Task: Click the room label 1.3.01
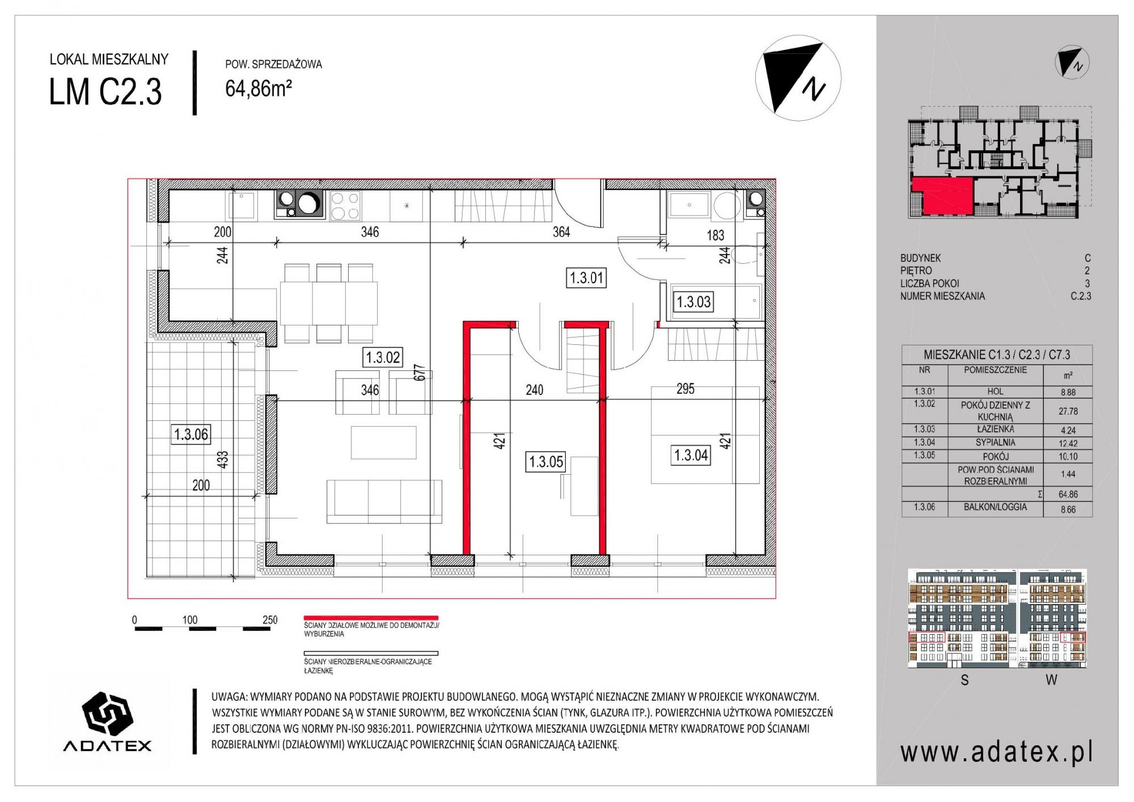(x=587, y=278)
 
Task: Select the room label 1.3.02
(x=383, y=357)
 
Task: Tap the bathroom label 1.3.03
(x=693, y=302)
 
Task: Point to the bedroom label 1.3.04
(x=691, y=455)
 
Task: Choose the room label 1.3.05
(x=546, y=462)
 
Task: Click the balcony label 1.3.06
(x=191, y=434)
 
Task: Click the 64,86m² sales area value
(x=259, y=88)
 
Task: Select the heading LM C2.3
(x=106, y=92)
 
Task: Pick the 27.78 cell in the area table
(x=1068, y=411)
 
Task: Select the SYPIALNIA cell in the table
(x=996, y=442)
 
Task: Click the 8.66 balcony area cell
(x=1068, y=509)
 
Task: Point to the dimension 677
(x=420, y=375)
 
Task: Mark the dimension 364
(x=561, y=231)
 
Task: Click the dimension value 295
(x=686, y=389)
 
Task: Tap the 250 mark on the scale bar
(x=270, y=620)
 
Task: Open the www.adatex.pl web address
(x=997, y=753)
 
